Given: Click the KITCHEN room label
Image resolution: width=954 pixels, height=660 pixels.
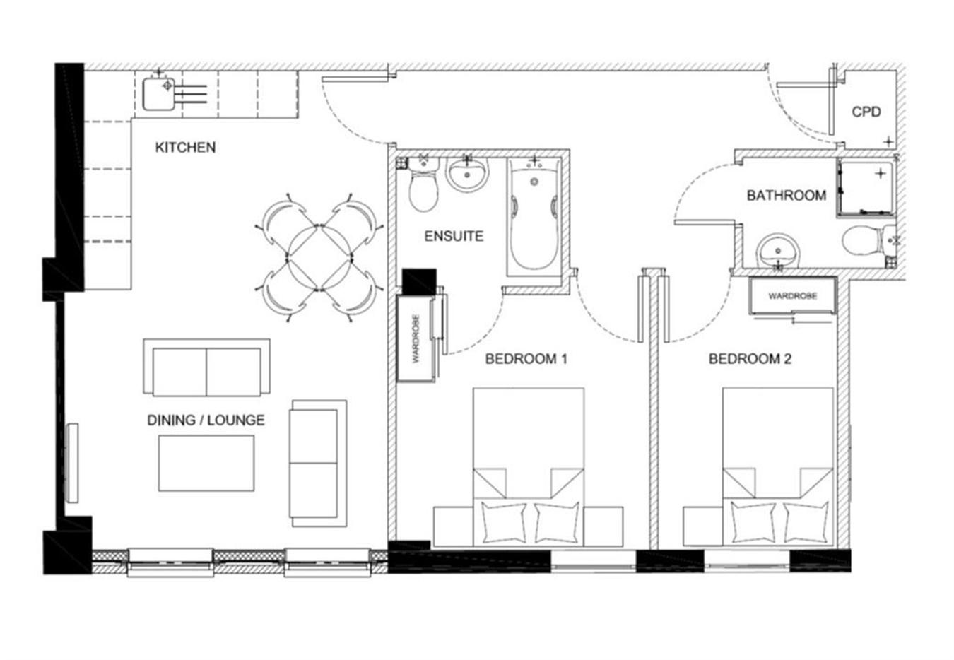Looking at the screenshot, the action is (185, 147).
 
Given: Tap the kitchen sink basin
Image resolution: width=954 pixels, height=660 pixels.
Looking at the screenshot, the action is (158, 94).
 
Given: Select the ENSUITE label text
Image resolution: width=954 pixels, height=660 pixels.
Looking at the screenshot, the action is (454, 236).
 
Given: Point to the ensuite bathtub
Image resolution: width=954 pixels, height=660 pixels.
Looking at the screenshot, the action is (534, 217).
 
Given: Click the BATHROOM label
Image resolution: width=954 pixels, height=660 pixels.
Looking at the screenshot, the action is (787, 196).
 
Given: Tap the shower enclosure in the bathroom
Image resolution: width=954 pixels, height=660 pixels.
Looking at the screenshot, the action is (864, 188).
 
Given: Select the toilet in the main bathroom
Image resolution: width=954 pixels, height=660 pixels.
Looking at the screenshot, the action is (868, 241).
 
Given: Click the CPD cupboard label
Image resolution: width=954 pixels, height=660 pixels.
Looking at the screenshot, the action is (866, 112).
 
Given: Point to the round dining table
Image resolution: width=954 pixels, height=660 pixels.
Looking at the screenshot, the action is (319, 258).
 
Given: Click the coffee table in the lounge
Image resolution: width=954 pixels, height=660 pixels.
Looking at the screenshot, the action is (206, 463).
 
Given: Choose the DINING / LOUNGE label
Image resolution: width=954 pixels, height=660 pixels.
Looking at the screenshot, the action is (206, 420).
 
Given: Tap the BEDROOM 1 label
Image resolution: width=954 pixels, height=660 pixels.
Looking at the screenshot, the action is (526, 359).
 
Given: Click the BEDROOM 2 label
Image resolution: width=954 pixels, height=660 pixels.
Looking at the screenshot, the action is (750, 359).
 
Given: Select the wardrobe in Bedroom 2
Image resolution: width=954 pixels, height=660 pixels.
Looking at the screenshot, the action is (793, 296).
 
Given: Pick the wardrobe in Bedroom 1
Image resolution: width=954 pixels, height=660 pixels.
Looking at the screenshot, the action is (416, 338).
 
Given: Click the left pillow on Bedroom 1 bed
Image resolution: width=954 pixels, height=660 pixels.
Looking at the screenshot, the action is (504, 523).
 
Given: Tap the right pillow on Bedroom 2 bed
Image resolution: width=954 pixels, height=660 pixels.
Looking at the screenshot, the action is (806, 523).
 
